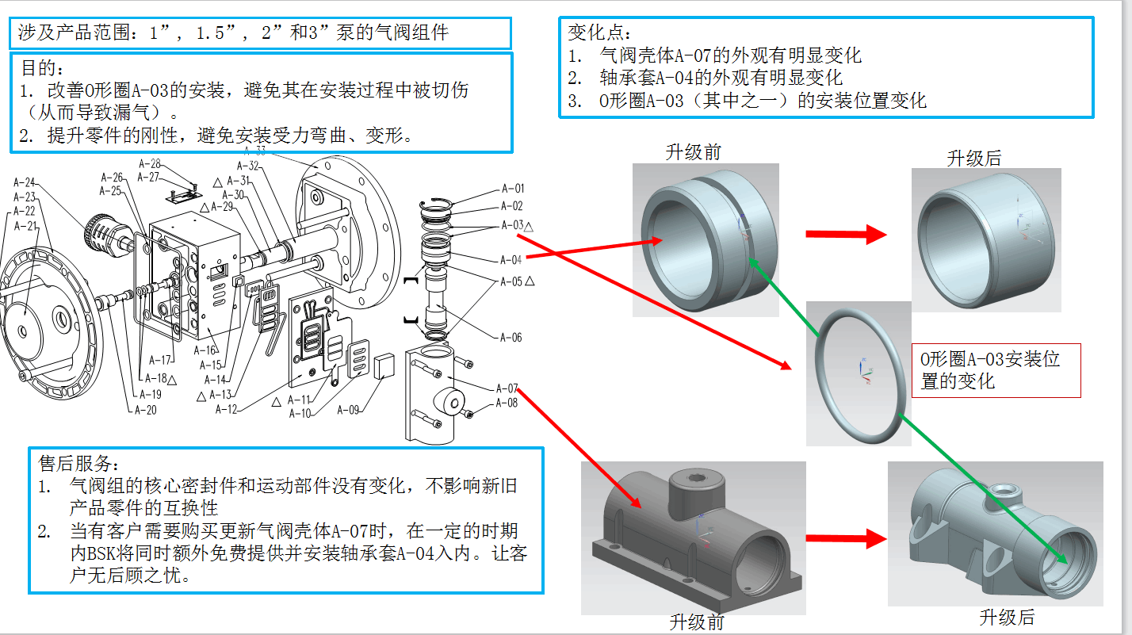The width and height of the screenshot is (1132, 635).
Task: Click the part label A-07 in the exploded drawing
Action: click(507, 388)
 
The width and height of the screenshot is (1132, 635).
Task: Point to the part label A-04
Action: click(511, 260)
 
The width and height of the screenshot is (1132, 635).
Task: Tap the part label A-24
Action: click(25, 182)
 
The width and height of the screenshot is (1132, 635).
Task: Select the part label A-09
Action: click(348, 410)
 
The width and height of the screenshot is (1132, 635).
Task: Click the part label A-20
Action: click(145, 410)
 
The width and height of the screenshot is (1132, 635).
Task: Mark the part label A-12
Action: click(227, 409)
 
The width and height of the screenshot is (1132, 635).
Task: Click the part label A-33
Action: click(255, 151)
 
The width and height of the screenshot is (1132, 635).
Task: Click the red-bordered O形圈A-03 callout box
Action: click(996, 370)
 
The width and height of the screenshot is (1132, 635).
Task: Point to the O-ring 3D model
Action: click(859, 373)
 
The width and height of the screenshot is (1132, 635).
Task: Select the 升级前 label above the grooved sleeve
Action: click(694, 152)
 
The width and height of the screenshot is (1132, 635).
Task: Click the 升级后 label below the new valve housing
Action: click(1007, 617)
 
